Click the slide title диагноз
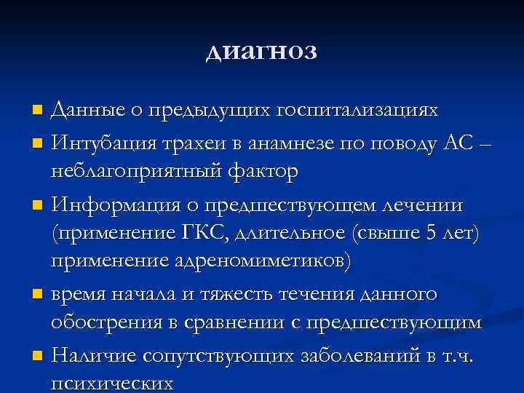(262, 52)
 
